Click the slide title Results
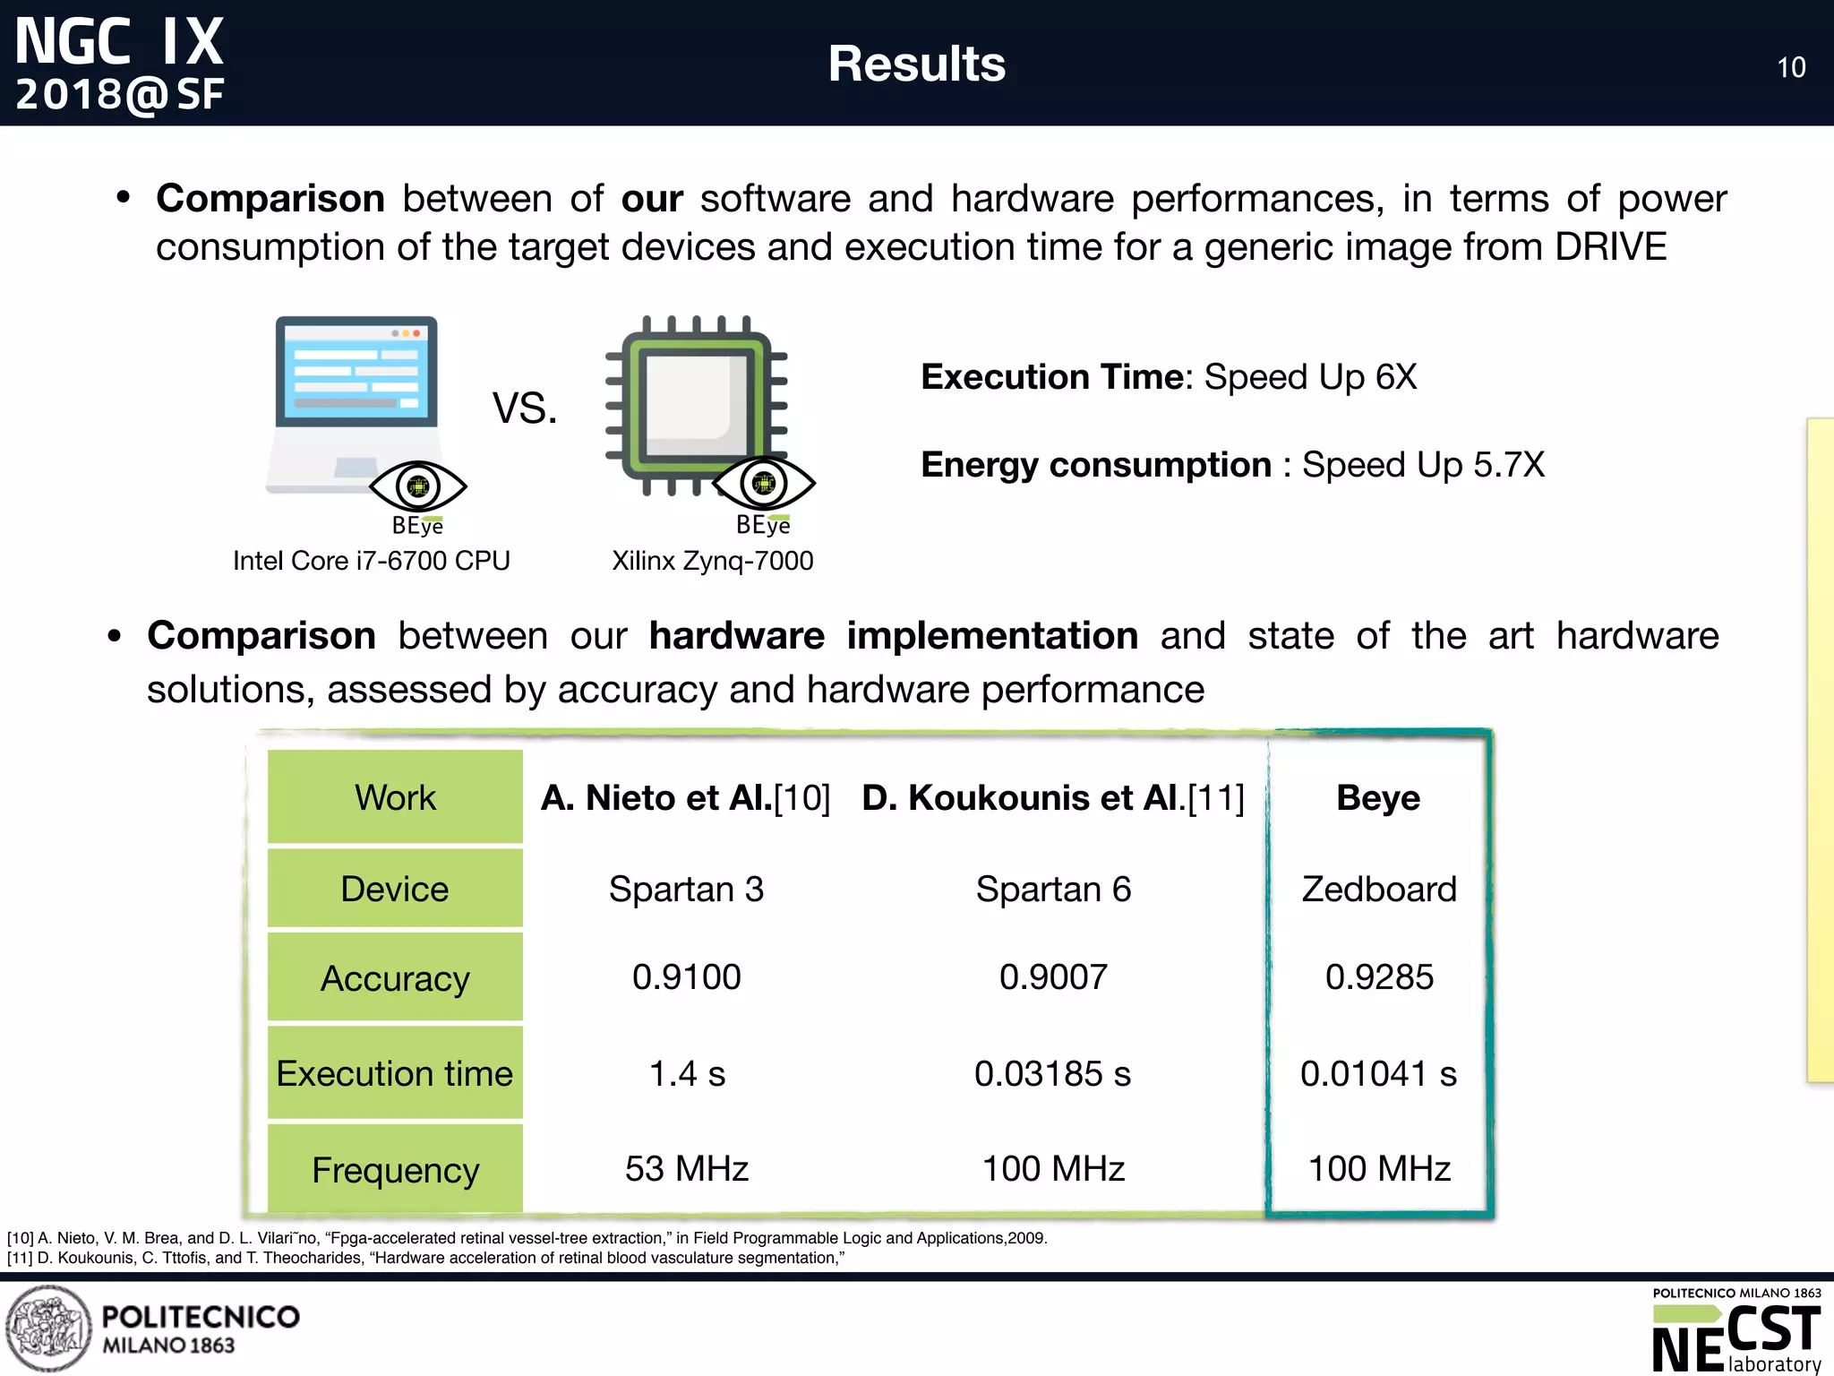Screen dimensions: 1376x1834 point(916,64)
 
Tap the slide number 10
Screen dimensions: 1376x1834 point(1791,68)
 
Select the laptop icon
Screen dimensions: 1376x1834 point(356,403)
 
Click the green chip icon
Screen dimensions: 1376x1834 point(697,403)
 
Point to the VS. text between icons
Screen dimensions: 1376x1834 point(525,408)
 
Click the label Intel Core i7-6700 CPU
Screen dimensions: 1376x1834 point(371,561)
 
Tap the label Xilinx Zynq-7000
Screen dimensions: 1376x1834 point(712,561)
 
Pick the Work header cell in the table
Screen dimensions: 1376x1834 point(395,797)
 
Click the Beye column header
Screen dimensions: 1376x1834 point(1377,797)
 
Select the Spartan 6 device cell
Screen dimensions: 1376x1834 point(1053,890)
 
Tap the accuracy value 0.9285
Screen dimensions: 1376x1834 point(1379,976)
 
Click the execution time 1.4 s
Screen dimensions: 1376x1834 point(686,1073)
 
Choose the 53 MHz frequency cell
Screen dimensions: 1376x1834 point(686,1169)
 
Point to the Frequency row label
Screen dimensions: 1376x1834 point(395,1170)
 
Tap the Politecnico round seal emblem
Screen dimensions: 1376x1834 point(48,1329)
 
